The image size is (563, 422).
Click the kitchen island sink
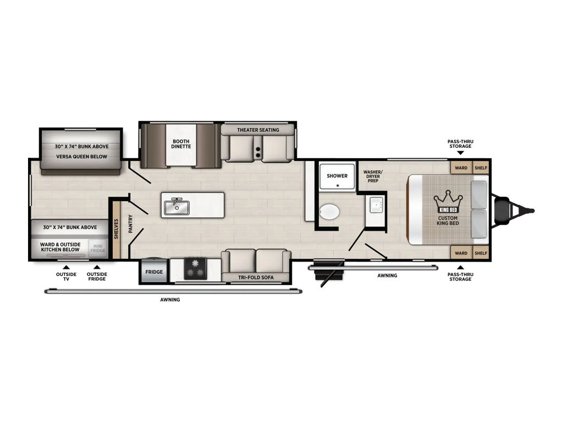pos(176,207)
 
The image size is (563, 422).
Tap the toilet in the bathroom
pos(329,212)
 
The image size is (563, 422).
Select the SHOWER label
pos(337,176)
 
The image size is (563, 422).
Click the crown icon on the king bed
pos(448,201)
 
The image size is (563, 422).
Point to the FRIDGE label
pos(154,272)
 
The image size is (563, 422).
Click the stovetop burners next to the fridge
pos(196,268)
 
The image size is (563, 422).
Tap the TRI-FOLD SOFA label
pos(256,277)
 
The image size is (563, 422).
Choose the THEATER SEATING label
pos(258,130)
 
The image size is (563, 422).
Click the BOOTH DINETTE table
pos(181,145)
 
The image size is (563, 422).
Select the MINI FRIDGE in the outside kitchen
pos(98,248)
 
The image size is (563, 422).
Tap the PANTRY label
pos(131,224)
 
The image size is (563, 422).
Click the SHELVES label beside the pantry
pos(116,229)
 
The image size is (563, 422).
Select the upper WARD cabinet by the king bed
pos(461,168)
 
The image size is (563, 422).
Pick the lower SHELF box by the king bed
pos(481,253)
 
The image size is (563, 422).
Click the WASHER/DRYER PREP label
pos(373,176)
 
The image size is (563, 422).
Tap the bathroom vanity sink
pos(376,204)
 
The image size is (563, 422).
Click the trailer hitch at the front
pos(514,211)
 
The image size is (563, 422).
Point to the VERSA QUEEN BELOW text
pos(82,157)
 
